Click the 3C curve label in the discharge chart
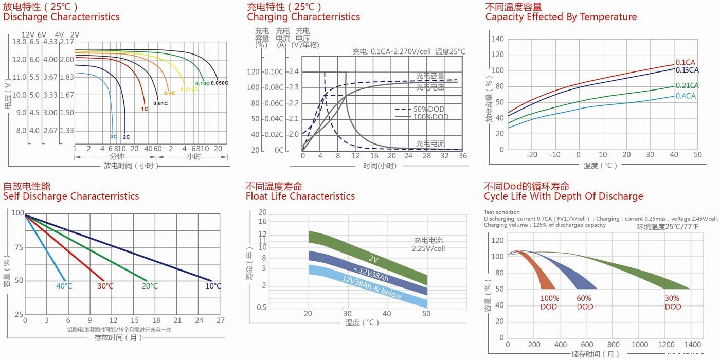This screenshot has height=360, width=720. (x=114, y=137)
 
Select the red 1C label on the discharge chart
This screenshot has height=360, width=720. (x=145, y=109)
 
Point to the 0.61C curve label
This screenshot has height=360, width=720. (x=161, y=104)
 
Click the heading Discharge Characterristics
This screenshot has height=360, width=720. (x=61, y=17)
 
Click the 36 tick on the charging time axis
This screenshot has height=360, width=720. (x=463, y=156)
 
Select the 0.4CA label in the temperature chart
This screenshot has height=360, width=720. (x=686, y=96)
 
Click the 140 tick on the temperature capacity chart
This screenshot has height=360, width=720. (x=497, y=39)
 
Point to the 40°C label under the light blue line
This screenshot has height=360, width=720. (x=64, y=286)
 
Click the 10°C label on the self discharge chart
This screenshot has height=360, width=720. (x=213, y=286)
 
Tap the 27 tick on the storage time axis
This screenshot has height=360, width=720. (x=220, y=320)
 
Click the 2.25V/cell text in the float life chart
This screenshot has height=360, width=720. (x=428, y=249)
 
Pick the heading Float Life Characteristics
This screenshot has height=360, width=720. (x=300, y=196)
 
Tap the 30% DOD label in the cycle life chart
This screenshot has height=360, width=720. (x=673, y=302)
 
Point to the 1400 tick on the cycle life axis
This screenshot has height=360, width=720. (x=693, y=345)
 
